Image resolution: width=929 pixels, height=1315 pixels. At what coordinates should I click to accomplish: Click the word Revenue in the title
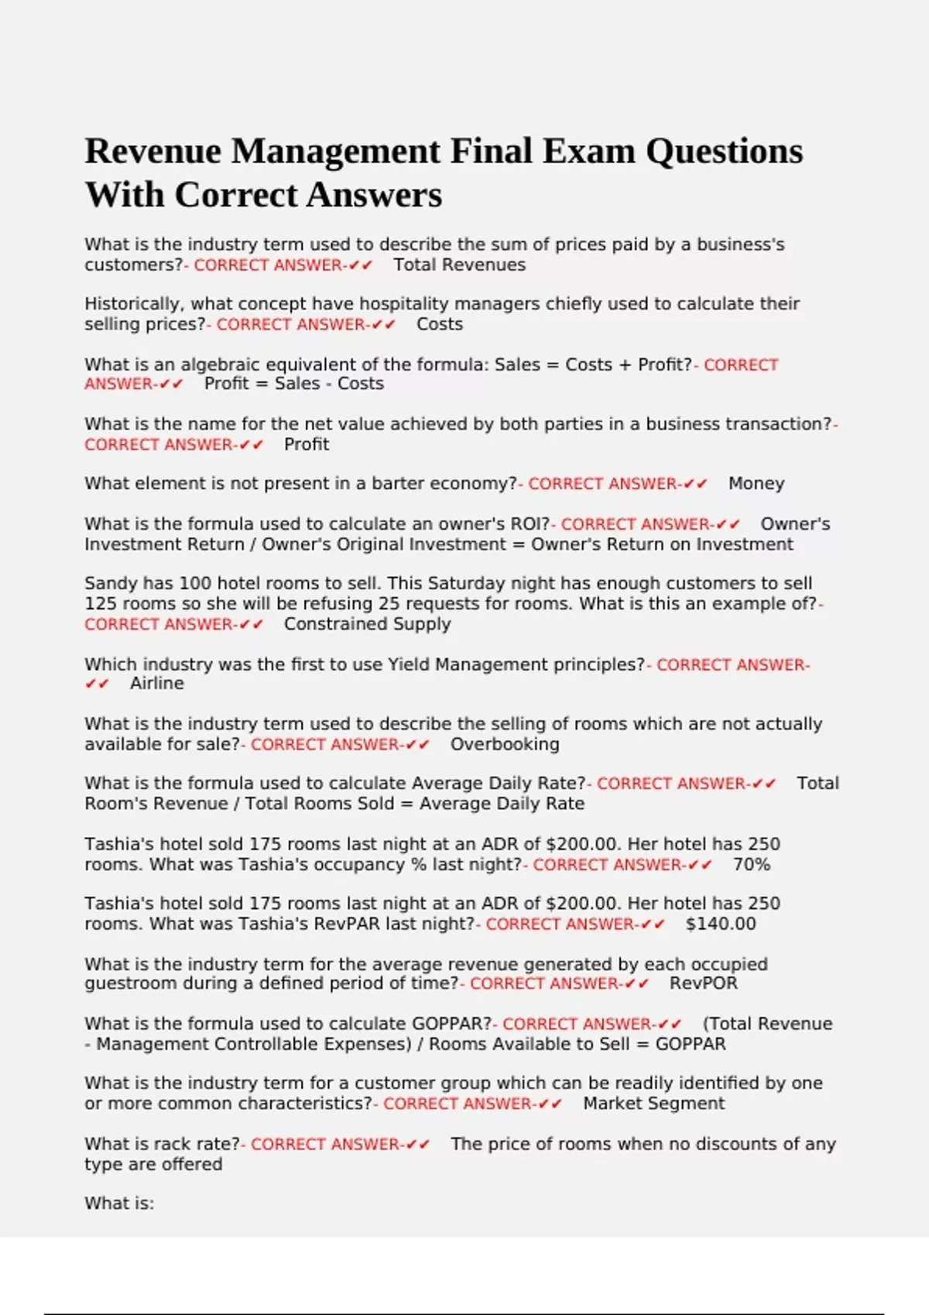(x=153, y=151)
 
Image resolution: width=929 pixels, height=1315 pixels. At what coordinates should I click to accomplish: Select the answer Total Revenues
(x=459, y=265)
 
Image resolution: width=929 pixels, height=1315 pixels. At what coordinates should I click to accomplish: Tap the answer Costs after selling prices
(x=439, y=324)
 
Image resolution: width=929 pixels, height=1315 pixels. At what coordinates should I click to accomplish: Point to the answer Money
(x=756, y=483)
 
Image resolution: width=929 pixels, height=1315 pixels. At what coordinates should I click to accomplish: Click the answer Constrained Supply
(x=367, y=624)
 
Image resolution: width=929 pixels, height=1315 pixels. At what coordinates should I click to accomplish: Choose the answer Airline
(x=157, y=684)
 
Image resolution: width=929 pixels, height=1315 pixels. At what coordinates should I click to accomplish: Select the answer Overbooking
(x=505, y=744)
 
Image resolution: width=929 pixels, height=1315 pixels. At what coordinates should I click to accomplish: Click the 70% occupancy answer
(x=751, y=865)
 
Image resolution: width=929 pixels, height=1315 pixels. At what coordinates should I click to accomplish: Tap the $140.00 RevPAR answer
(x=721, y=924)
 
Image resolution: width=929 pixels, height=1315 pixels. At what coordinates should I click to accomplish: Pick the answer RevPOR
(x=703, y=983)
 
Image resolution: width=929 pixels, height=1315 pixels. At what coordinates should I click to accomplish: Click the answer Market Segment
(x=653, y=1104)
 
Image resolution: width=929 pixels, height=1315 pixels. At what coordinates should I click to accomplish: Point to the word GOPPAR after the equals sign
(x=691, y=1044)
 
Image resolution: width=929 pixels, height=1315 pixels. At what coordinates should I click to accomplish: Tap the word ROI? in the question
(x=529, y=524)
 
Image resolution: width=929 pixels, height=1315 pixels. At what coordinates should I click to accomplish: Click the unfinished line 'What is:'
(x=119, y=1204)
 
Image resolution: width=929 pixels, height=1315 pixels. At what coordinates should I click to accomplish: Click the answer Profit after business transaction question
(x=307, y=444)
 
